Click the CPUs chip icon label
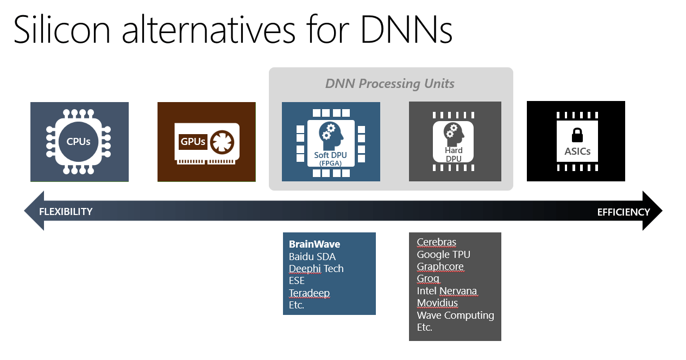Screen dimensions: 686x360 click(78, 142)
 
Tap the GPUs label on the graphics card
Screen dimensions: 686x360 click(193, 142)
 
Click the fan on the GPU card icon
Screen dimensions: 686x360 click(222, 142)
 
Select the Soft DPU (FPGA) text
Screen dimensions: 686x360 click(330, 159)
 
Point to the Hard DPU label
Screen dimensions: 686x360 click(454, 155)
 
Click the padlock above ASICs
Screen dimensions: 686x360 click(577, 135)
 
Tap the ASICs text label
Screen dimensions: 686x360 click(577, 151)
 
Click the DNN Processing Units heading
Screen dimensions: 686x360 click(389, 84)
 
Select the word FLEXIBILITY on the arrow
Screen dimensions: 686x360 click(66, 212)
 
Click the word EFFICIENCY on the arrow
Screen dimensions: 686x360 click(624, 212)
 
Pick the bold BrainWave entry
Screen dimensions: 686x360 click(314, 244)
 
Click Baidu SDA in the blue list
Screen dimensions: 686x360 click(312, 256)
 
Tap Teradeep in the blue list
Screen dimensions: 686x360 click(309, 293)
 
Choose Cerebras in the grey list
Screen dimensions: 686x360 click(436, 242)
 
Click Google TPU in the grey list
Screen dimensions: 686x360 click(443, 254)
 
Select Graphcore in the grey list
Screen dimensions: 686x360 click(440, 267)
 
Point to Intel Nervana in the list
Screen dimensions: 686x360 click(447, 290)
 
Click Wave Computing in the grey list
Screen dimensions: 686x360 click(455, 315)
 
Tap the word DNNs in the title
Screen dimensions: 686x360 click(406, 29)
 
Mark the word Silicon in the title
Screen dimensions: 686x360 click(61, 29)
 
